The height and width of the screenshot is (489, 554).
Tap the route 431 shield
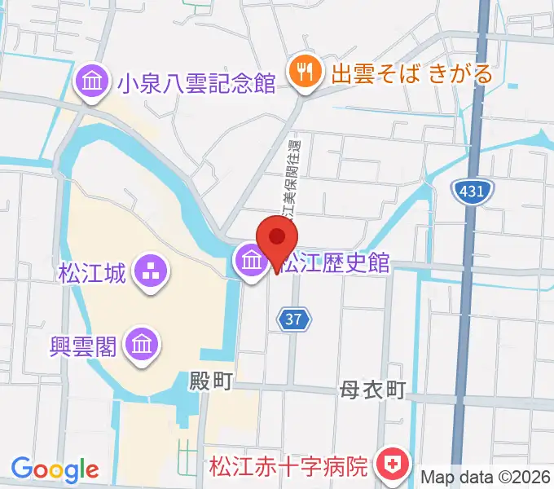tap(472, 192)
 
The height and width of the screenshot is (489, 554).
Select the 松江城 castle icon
tap(150, 271)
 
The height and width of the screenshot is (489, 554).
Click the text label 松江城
tap(92, 272)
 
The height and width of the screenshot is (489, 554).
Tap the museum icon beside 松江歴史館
tap(249, 262)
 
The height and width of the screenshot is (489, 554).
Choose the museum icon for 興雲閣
tap(143, 345)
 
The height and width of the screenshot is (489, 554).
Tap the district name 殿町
tap(211, 381)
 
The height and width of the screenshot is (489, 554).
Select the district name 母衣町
tap(372, 390)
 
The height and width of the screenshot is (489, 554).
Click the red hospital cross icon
tap(390, 467)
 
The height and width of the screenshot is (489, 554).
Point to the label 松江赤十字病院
tap(288, 468)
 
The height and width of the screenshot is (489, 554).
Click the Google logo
tap(55, 469)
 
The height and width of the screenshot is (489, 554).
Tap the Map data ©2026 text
tap(486, 477)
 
